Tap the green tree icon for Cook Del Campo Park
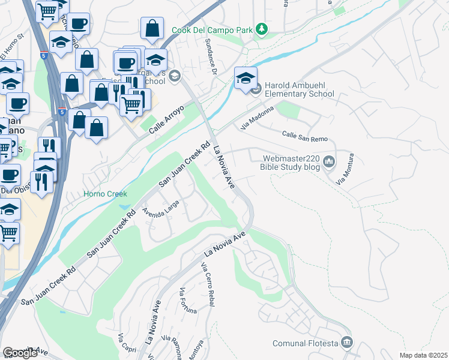click(x=261, y=29)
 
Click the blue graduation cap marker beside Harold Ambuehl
click(x=246, y=79)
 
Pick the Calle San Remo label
click(x=305, y=135)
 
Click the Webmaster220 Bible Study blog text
click(x=291, y=163)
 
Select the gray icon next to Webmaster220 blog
click(x=329, y=161)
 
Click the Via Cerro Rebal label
click(x=208, y=284)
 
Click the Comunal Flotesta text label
click(x=305, y=343)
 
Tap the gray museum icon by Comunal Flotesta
click(x=347, y=343)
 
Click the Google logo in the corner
click(x=20, y=353)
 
